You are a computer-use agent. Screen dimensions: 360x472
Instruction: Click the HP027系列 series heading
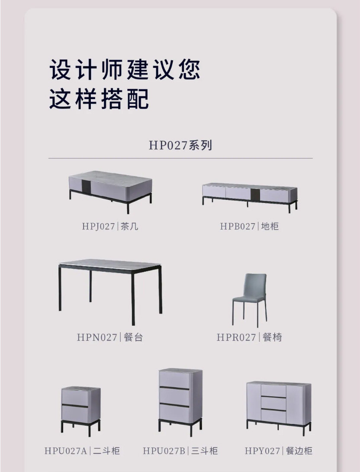click(180, 145)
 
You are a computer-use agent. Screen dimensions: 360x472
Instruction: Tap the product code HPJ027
click(98, 226)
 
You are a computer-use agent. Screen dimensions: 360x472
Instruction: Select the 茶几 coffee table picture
click(110, 192)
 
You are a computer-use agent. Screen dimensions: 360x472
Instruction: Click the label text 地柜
click(270, 226)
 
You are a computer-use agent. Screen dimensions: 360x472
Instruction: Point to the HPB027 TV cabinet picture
click(250, 197)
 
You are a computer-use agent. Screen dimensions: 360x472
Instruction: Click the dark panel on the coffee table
click(87, 186)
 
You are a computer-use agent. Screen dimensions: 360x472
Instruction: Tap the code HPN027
click(97, 337)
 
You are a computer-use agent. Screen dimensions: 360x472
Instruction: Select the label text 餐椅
click(272, 337)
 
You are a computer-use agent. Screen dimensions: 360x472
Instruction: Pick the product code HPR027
click(236, 337)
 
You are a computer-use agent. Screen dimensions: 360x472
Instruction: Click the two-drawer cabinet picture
click(80, 411)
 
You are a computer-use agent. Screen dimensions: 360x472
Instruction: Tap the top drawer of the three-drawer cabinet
click(174, 379)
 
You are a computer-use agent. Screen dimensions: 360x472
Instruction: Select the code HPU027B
click(164, 451)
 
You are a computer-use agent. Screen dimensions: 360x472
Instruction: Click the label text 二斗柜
click(106, 451)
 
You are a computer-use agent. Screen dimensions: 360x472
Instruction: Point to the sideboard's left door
click(254, 402)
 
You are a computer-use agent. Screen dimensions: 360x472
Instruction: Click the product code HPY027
click(262, 451)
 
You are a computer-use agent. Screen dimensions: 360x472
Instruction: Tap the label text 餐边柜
click(299, 451)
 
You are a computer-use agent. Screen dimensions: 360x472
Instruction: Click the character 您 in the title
click(190, 70)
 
